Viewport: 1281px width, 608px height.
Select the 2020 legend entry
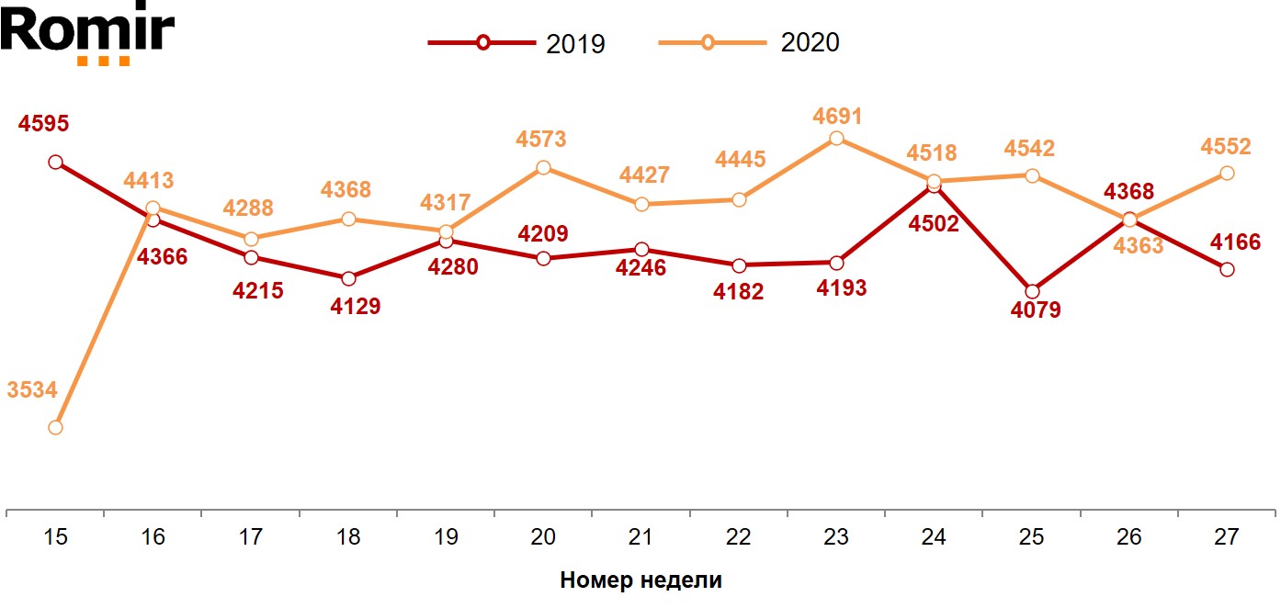pyautogui.click(x=749, y=43)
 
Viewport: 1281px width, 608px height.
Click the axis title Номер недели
pyautogui.click(x=640, y=580)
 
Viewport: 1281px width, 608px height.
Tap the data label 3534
pyautogui.click(x=32, y=390)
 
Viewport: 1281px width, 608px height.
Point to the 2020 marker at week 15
pyautogui.click(x=55, y=427)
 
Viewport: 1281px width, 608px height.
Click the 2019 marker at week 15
pyautogui.click(x=55, y=163)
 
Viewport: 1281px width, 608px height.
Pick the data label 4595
pyautogui.click(x=43, y=124)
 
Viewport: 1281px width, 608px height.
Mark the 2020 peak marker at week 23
pyautogui.click(x=836, y=139)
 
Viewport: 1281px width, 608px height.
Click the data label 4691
pyautogui.click(x=836, y=117)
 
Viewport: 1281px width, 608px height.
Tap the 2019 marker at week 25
pyautogui.click(x=1032, y=291)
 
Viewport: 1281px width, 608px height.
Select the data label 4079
pyautogui.click(x=1036, y=310)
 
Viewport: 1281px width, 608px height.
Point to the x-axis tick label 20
pyautogui.click(x=543, y=537)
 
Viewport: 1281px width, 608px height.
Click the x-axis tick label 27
pyautogui.click(x=1227, y=537)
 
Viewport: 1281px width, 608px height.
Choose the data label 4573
pyautogui.click(x=541, y=141)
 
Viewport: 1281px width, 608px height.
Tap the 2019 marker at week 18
pyautogui.click(x=348, y=278)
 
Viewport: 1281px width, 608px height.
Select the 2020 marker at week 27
pyautogui.click(x=1227, y=173)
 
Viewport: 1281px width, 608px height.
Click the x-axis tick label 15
pyautogui.click(x=55, y=537)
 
